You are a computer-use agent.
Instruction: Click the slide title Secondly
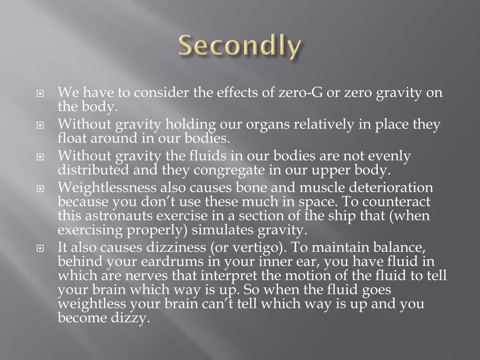tap(240, 47)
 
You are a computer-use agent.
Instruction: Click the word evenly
tap(390, 156)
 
